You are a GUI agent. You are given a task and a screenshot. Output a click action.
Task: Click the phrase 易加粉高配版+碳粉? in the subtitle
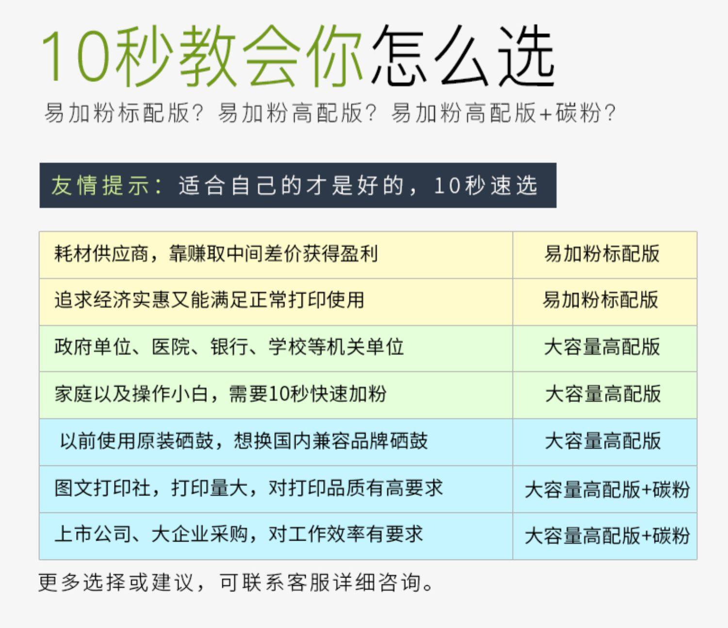pyautogui.click(x=503, y=113)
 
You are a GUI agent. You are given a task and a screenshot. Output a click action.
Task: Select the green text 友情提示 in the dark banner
pyautogui.click(x=100, y=185)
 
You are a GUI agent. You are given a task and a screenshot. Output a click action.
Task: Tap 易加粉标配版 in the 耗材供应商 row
pyautogui.click(x=602, y=254)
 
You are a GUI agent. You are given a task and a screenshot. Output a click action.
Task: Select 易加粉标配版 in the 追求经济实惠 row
pyautogui.click(x=600, y=300)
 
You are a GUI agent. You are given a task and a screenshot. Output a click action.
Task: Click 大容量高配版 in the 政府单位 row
pyautogui.click(x=602, y=347)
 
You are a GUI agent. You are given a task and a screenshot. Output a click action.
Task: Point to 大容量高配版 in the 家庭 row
pyautogui.click(x=603, y=394)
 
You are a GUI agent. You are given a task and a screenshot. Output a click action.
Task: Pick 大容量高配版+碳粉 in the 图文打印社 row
pyautogui.click(x=607, y=490)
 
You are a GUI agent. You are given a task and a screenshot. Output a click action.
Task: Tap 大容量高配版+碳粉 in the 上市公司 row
pyautogui.click(x=607, y=536)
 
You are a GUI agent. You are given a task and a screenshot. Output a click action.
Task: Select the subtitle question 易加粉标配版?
pyautogui.click(x=124, y=113)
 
